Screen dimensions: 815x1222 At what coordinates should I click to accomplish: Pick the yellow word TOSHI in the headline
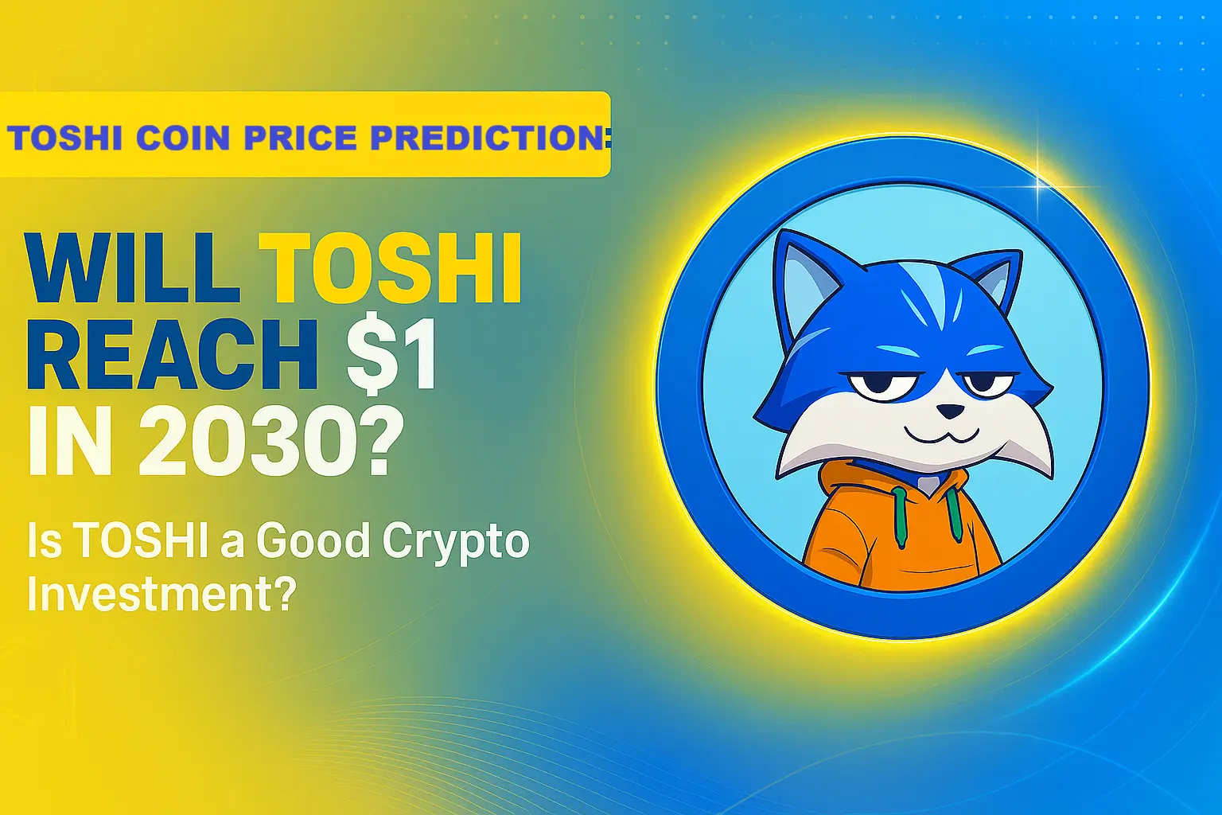click(391, 268)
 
